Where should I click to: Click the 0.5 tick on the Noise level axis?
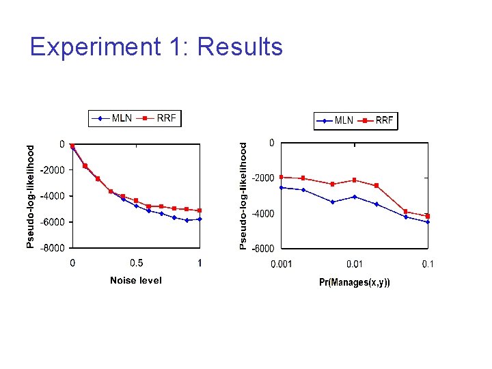pyautogui.click(x=137, y=264)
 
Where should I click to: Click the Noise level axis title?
pyautogui.click(x=136, y=281)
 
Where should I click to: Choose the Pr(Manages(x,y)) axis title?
pyautogui.click(x=355, y=282)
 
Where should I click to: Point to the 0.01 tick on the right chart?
pyautogui.click(x=354, y=264)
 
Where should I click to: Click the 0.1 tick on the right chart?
pyautogui.click(x=427, y=264)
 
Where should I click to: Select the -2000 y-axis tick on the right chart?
pyautogui.click(x=264, y=178)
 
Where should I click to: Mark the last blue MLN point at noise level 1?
pyautogui.click(x=200, y=219)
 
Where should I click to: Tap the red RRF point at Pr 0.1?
pyautogui.click(x=428, y=216)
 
